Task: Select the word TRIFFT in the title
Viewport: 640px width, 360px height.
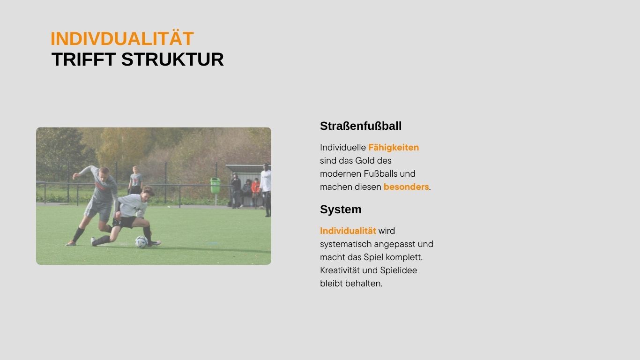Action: coord(83,60)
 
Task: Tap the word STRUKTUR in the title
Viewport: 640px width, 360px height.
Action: coord(172,60)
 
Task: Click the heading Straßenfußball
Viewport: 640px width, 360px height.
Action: coord(361,126)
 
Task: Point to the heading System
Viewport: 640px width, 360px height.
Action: coord(341,210)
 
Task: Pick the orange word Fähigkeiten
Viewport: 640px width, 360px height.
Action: coord(394,148)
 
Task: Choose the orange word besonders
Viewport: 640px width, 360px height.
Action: coord(406,187)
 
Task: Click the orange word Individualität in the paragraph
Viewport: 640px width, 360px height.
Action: coord(348,231)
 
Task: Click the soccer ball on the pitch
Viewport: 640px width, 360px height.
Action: coord(141,242)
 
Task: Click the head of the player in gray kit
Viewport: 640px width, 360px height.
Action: coord(104,172)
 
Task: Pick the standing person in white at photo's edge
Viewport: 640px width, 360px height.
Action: coord(266,189)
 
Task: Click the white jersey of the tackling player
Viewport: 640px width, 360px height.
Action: coord(132,205)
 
